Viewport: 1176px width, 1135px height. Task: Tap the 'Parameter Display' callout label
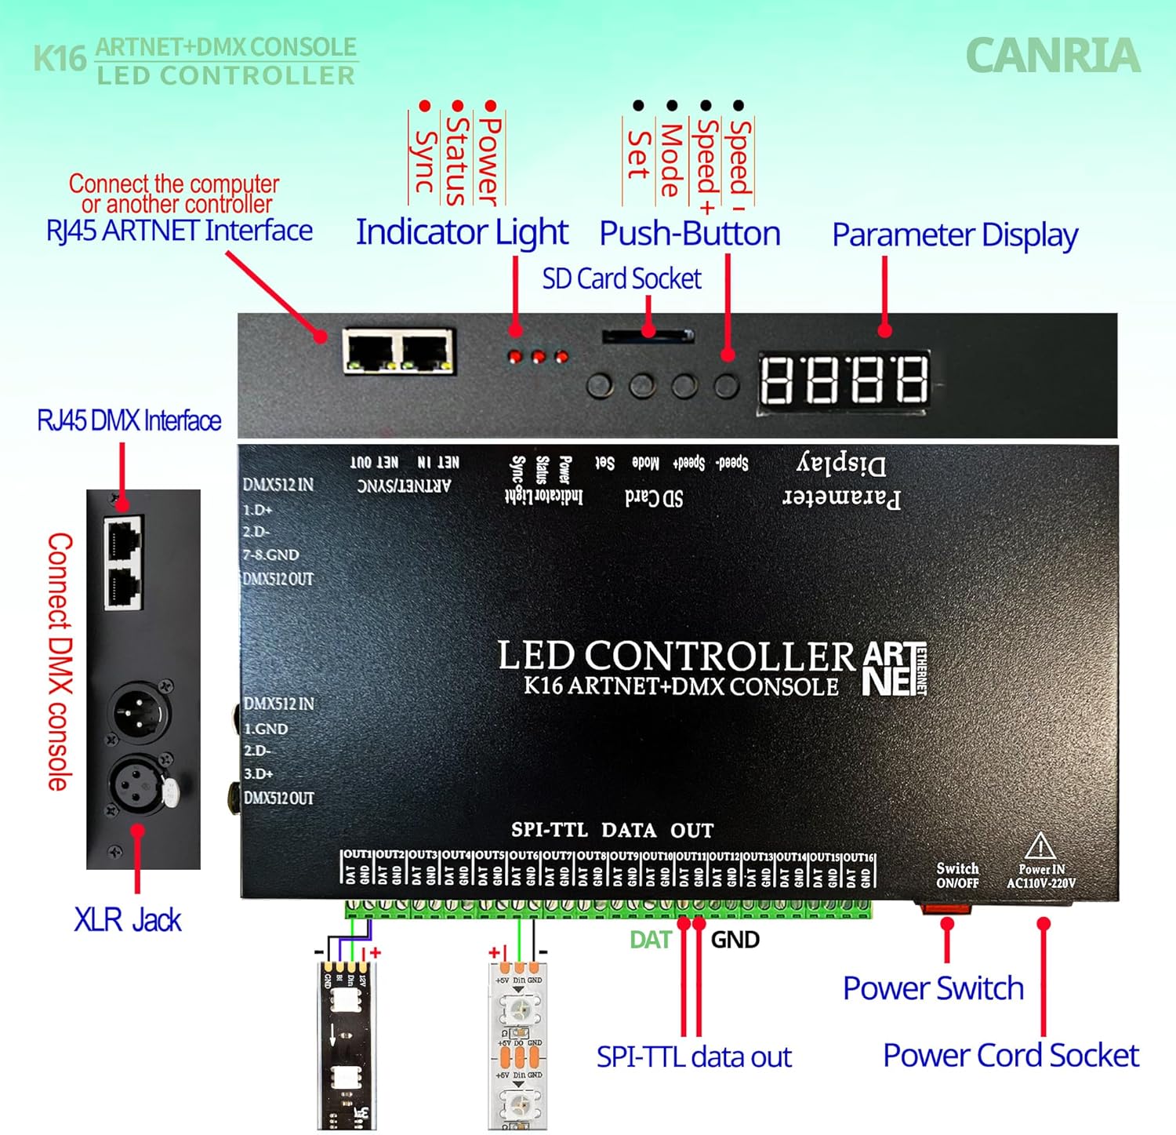click(x=954, y=235)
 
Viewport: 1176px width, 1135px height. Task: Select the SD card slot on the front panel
click(x=648, y=336)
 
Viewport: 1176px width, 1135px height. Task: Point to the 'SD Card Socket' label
click(x=621, y=278)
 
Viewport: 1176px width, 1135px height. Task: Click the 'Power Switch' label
click(x=933, y=988)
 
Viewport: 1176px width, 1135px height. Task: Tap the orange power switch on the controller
click(x=946, y=909)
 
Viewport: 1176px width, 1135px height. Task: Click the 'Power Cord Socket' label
click(x=1010, y=1055)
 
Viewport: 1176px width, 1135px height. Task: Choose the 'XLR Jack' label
click(x=127, y=919)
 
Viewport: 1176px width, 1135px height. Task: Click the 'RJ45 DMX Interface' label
click(x=129, y=420)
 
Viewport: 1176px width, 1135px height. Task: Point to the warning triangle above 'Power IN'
click(x=1040, y=846)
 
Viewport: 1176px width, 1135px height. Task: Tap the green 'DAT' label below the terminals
click(x=650, y=940)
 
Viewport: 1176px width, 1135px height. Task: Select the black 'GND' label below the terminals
click(x=735, y=940)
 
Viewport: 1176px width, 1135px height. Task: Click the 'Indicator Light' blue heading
click(x=462, y=232)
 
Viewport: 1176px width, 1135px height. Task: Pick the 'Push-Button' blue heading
click(x=690, y=234)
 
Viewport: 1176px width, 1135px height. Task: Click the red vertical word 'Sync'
click(x=423, y=161)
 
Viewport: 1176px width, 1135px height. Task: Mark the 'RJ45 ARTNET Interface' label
click(x=179, y=231)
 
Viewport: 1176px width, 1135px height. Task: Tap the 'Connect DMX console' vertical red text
click(x=60, y=661)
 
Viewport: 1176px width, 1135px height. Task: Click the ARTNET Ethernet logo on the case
click(x=894, y=668)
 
